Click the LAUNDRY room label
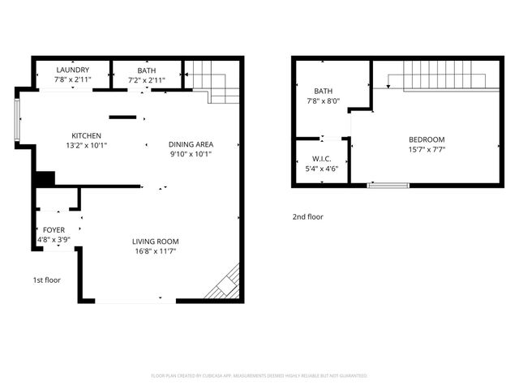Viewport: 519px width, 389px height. click(x=72, y=71)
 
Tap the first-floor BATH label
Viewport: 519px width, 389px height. click(x=147, y=71)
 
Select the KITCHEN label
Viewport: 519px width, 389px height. click(x=86, y=135)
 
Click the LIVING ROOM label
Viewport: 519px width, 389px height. click(x=156, y=242)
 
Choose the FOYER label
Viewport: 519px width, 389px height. click(x=54, y=230)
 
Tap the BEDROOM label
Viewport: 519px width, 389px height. click(x=427, y=139)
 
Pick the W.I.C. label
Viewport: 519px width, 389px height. click(x=322, y=160)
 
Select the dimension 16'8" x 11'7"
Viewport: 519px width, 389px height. click(x=156, y=251)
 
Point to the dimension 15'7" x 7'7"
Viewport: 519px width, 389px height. click(x=427, y=149)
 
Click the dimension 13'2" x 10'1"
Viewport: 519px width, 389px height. click(x=86, y=145)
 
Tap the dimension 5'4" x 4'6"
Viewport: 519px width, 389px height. click(x=322, y=169)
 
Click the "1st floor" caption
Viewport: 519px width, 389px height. click(x=46, y=280)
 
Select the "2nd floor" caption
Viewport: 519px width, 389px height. click(x=307, y=216)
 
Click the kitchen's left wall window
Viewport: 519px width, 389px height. click(x=17, y=121)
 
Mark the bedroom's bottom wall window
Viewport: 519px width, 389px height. click(x=388, y=186)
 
